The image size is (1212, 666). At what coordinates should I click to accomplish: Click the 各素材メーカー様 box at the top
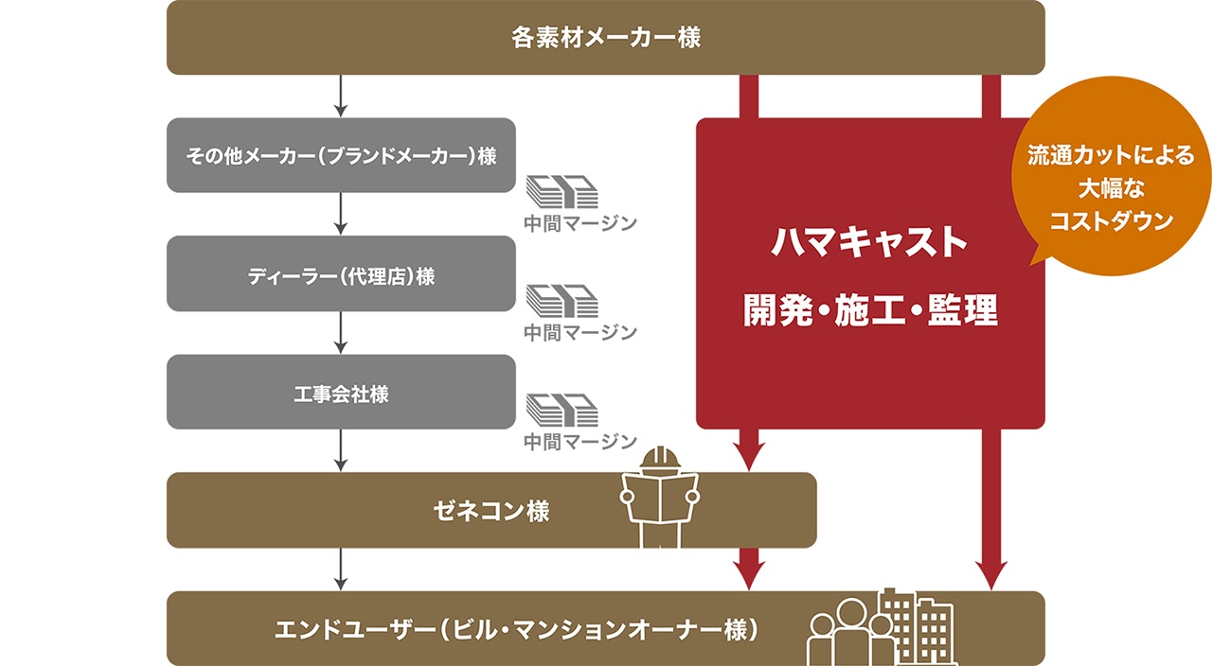[605, 38]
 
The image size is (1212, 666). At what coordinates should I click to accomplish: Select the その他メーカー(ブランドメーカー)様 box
[341, 155]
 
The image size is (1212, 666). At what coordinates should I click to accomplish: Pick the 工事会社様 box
[341, 393]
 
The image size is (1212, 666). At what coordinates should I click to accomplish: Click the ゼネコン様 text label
[490, 511]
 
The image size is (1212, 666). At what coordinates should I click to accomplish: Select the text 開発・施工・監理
[870, 310]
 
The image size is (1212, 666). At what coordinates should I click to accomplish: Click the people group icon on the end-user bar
[850, 630]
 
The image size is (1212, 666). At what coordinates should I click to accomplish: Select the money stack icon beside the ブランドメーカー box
[562, 192]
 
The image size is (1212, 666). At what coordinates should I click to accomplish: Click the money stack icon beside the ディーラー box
[562, 302]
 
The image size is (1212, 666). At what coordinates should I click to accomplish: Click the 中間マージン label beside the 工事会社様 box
[579, 441]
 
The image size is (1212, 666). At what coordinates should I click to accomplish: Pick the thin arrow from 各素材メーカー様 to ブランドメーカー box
[341, 96]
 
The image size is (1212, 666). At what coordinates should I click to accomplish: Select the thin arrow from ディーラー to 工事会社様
[341, 332]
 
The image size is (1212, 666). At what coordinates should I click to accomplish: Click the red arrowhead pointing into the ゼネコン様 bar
[748, 457]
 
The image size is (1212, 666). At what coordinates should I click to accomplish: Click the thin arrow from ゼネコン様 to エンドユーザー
[341, 570]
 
